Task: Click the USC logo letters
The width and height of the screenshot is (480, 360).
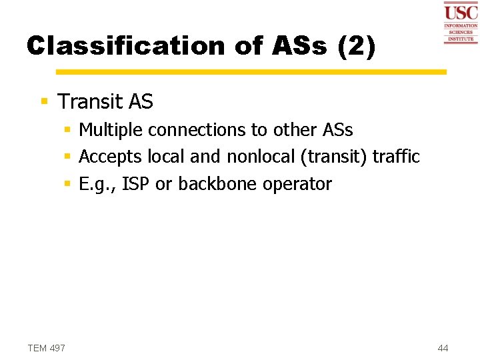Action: click(461, 12)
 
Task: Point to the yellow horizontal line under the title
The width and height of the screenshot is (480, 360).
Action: click(251, 71)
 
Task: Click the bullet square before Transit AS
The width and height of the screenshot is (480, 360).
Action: click(45, 102)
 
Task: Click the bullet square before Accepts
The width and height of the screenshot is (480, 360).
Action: click(68, 157)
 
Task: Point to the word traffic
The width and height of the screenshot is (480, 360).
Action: click(396, 157)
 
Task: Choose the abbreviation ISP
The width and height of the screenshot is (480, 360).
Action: click(136, 185)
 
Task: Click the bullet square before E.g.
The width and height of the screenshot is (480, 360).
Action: click(68, 185)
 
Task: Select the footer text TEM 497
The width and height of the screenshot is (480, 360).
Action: click(47, 348)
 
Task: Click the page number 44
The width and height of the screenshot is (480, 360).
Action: click(443, 348)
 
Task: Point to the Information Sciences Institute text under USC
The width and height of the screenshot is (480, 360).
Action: click(461, 33)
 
